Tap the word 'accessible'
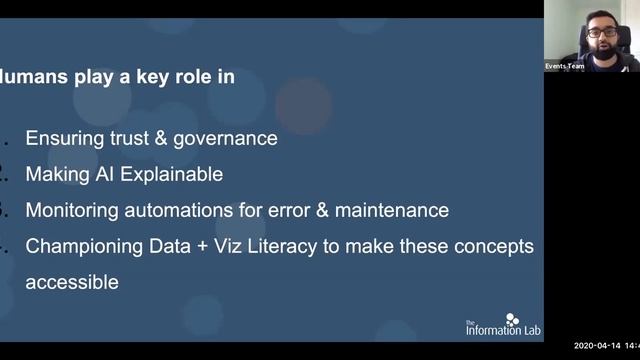click(72, 282)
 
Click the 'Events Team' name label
click(564, 66)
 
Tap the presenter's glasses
click(601, 33)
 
